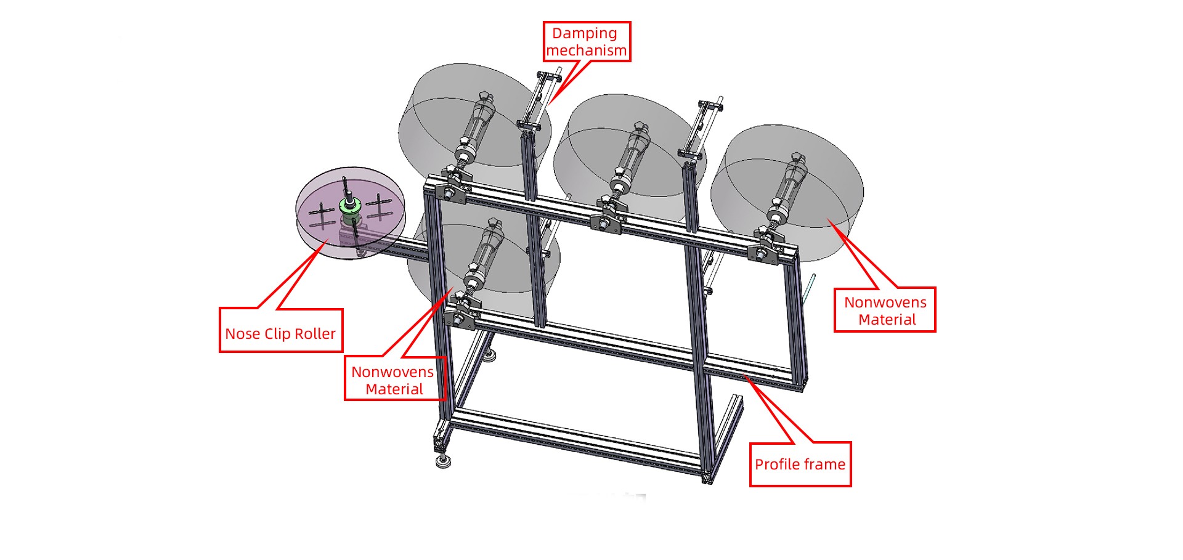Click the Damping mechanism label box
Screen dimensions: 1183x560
point(587,42)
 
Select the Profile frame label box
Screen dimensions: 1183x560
point(800,465)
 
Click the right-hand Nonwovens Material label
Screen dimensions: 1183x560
point(885,310)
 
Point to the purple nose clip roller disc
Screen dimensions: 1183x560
point(350,213)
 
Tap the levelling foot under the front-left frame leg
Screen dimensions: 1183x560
point(442,461)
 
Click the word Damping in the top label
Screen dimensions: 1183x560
point(584,33)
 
